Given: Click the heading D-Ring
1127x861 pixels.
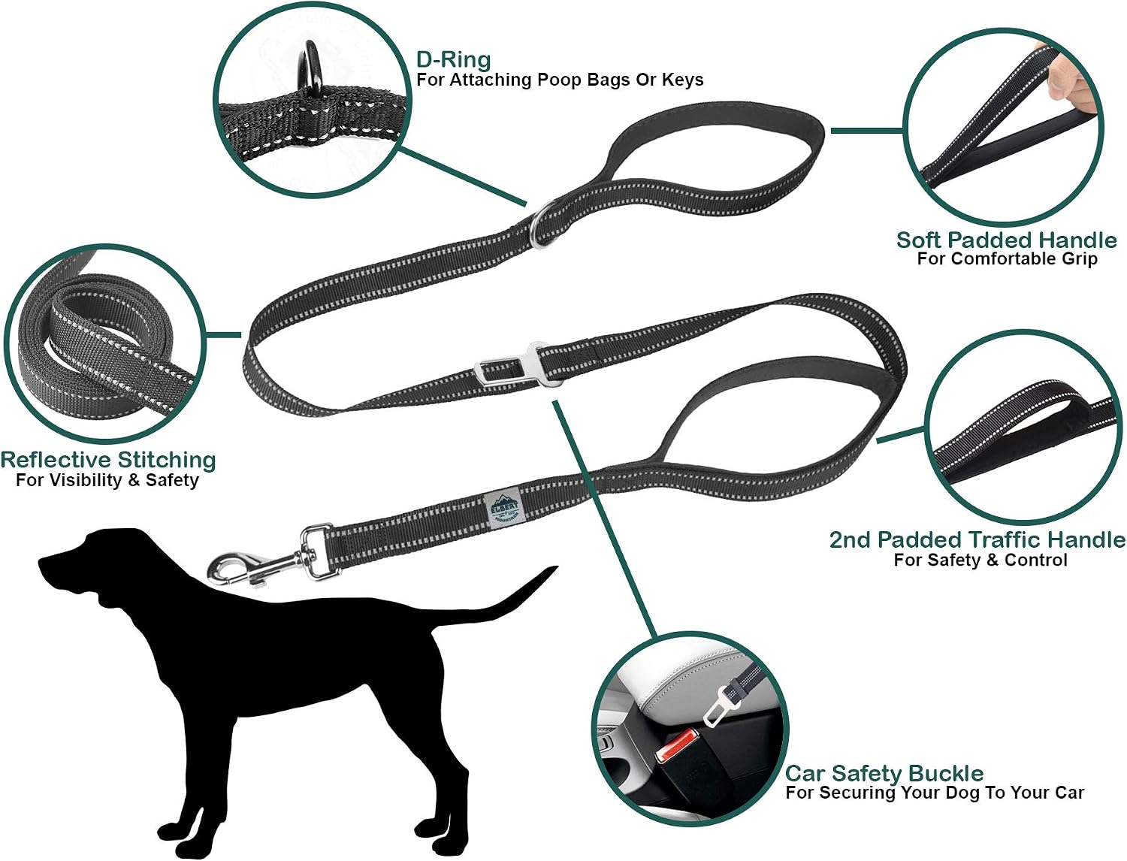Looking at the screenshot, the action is [453, 59].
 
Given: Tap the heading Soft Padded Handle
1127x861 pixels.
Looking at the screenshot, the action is [1006, 240].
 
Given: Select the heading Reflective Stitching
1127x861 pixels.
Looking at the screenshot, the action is [108, 460].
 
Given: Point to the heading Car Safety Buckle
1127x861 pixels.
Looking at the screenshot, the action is [884, 772].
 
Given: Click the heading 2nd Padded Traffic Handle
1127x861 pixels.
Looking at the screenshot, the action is [977, 539].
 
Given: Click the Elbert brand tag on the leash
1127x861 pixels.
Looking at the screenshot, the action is [503, 509].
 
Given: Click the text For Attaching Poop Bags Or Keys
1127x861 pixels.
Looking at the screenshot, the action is [560, 80].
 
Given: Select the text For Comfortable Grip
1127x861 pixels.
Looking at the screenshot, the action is [1007, 258].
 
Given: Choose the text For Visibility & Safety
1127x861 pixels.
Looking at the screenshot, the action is [107, 480].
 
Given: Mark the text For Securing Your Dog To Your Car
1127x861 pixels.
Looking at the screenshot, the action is [935, 792].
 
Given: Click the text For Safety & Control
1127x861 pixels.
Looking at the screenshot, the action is [980, 560].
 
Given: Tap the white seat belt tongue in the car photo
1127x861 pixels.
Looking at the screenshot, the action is [719, 705].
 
